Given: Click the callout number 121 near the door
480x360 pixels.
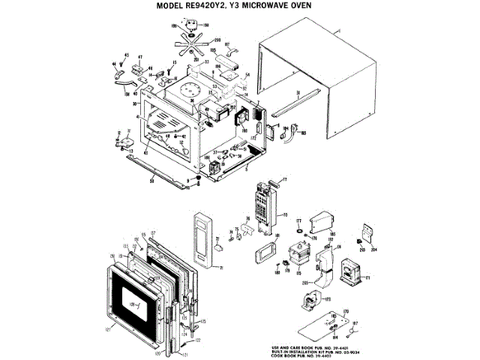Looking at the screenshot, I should pyautogui.click(x=108, y=328).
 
